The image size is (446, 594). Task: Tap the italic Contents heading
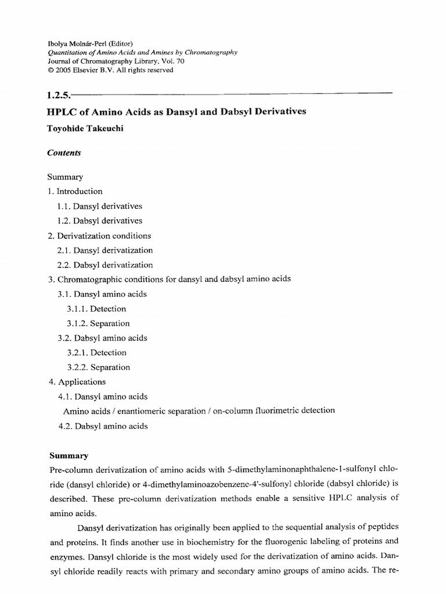coord(64,153)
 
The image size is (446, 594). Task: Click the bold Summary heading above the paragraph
coord(67,455)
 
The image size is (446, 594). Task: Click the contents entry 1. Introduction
coord(75,191)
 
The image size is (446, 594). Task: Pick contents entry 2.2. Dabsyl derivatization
coord(105,265)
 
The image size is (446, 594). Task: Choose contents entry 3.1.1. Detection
coord(96,309)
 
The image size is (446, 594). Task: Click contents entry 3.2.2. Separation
coord(98,367)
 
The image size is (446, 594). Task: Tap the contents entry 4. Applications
coord(77,382)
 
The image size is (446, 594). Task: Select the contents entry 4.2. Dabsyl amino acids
coord(102,426)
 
